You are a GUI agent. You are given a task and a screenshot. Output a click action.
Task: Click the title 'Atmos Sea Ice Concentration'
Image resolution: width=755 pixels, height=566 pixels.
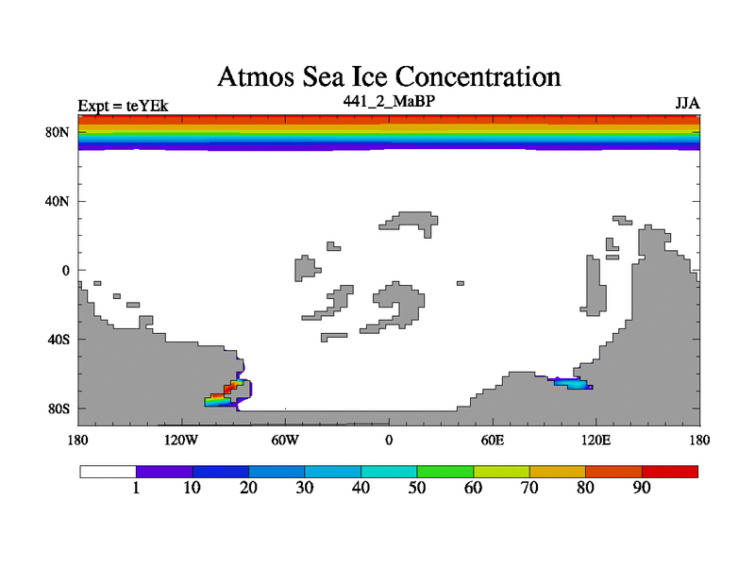tap(389, 75)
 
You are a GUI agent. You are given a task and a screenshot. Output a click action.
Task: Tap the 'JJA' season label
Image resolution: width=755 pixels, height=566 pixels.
tap(686, 103)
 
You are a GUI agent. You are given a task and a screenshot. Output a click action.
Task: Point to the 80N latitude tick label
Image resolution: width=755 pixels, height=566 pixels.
tap(59, 132)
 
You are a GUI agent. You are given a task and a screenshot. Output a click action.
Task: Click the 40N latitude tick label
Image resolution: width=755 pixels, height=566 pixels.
tap(59, 201)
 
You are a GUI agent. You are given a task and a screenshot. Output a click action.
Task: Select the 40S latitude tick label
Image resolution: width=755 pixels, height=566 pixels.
tap(59, 340)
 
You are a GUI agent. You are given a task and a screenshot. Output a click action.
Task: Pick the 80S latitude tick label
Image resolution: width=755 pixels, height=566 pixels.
tap(59, 408)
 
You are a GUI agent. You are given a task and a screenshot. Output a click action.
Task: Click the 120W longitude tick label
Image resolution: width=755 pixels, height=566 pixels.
tap(180, 440)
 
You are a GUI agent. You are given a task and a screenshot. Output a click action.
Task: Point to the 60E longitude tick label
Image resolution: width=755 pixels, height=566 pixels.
tap(493, 440)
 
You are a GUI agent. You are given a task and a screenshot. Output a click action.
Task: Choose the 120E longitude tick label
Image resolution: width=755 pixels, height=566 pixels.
tap(596, 440)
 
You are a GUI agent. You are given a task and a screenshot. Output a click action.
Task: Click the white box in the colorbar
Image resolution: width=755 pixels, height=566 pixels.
tap(108, 471)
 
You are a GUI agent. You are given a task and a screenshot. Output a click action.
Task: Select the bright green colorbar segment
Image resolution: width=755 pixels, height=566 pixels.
tap(445, 471)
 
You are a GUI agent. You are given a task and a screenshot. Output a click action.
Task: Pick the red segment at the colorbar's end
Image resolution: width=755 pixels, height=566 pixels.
tap(670, 471)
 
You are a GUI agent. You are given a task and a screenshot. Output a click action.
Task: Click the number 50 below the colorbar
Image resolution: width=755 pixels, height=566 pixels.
tap(417, 488)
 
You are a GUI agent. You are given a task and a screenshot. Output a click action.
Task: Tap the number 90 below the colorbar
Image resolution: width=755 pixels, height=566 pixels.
tap(642, 488)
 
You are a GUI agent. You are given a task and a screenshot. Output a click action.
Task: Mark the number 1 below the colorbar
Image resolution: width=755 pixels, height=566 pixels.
tap(137, 488)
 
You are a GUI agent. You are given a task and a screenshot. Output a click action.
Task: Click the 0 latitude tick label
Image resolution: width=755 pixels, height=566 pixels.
tap(66, 271)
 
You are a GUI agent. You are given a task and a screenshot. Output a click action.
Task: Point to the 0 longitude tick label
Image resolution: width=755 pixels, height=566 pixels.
tap(389, 440)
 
